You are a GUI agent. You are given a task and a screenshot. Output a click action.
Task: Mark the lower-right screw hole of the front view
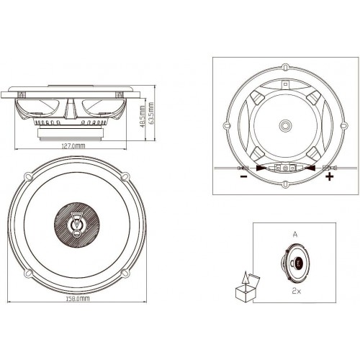tap(125, 273)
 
